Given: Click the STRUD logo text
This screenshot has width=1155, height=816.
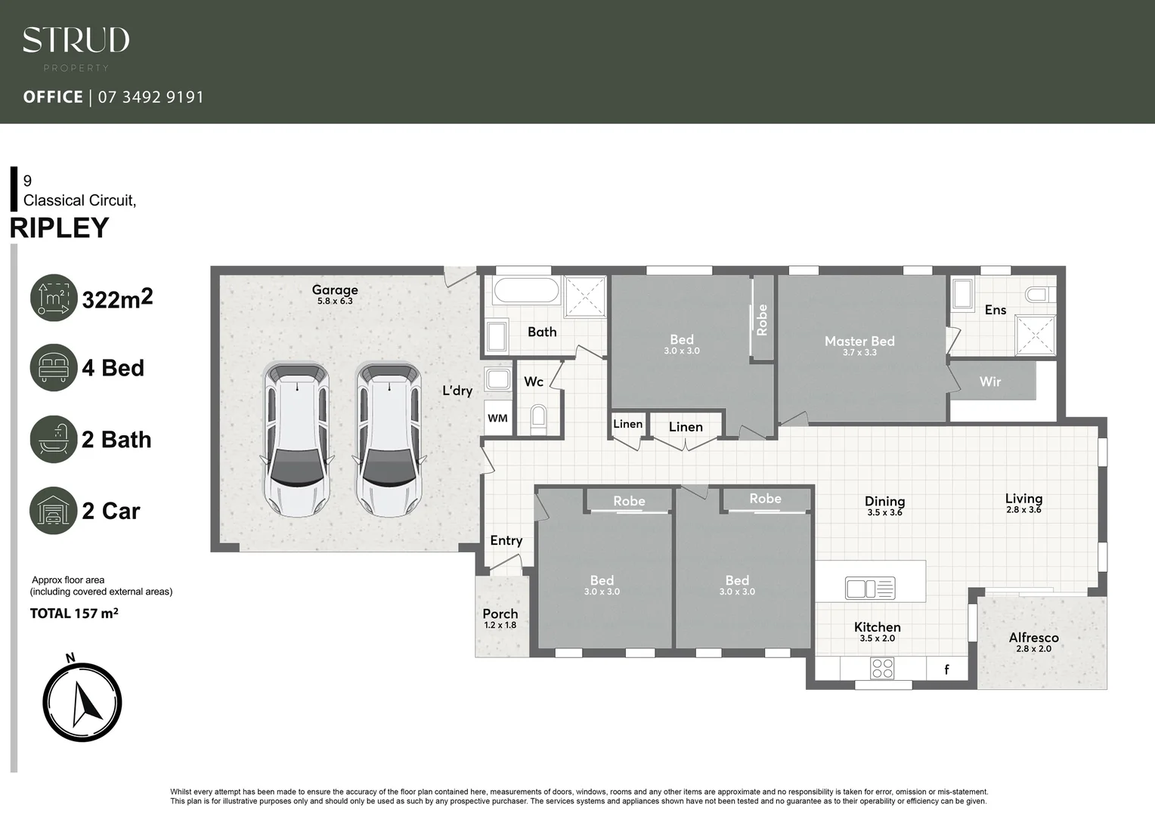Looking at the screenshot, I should coord(76,40).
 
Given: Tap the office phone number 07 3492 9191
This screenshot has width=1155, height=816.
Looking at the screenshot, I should coord(150,97).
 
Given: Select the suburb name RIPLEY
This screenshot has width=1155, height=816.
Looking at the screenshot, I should coord(60,227).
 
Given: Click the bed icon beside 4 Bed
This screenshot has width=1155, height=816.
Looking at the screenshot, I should coord(54,367).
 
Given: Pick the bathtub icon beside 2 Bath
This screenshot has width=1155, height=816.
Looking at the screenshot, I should coord(54,439).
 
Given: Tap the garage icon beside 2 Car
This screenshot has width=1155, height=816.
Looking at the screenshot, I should coord(54,511).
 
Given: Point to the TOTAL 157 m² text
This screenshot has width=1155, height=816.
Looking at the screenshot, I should coord(74,614).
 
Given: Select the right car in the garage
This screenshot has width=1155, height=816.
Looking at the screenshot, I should coord(389,440).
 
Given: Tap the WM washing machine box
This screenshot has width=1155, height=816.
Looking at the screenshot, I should coord(497,418).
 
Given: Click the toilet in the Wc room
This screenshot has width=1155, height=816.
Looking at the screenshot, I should coord(538,419).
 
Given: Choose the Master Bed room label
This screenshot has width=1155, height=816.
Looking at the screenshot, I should coord(859,342).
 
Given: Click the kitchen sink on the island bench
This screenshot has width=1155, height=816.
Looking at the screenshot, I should coord(870,588).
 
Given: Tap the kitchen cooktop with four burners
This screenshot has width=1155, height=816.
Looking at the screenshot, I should coord(882,668).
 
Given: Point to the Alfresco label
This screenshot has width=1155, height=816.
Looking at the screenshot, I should coord(1033,638).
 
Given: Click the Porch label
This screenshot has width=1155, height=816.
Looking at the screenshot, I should coord(500,614).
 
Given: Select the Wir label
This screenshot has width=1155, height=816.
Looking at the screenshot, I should coord(989,382).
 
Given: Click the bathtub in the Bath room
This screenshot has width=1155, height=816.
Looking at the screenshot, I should coord(526,291).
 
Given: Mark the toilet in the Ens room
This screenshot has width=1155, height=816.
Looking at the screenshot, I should coord(1039,294).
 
